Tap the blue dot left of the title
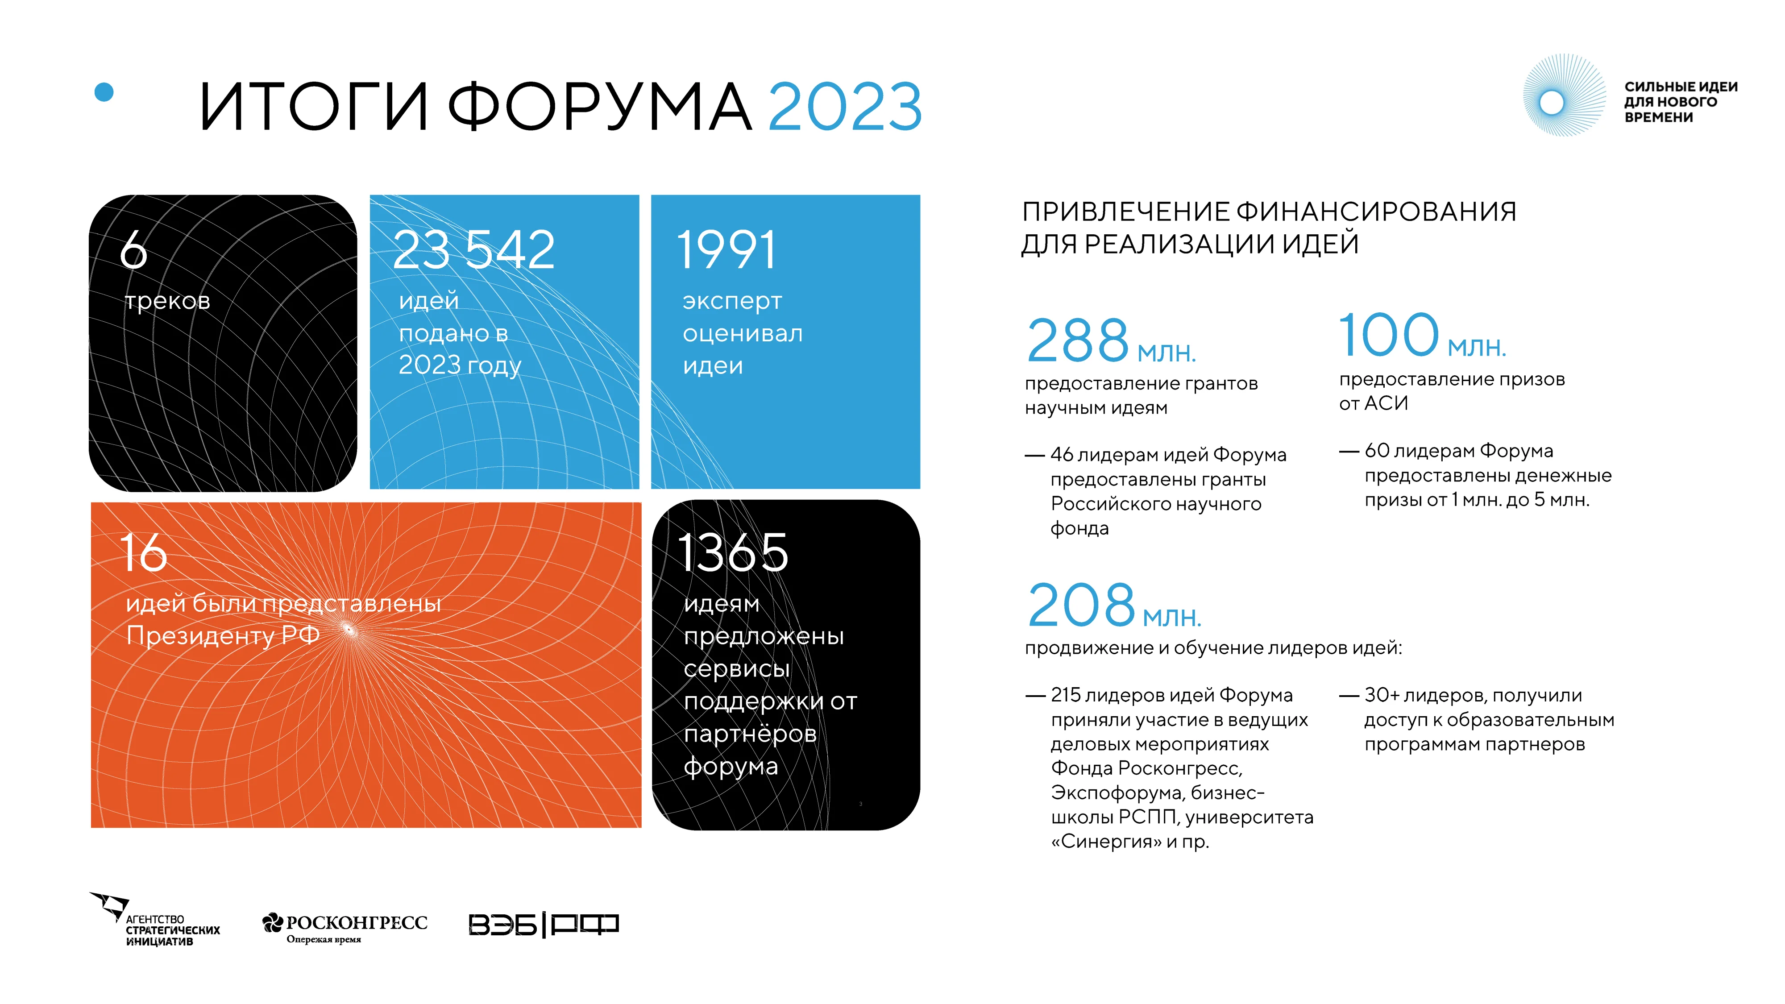coord(104,92)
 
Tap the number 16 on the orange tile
coord(143,553)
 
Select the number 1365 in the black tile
coord(732,553)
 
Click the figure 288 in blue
coord(1078,341)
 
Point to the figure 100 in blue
coord(1389,336)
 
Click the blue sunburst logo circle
coord(1552,103)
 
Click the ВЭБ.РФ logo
coord(543,924)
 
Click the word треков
coord(168,301)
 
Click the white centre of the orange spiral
coord(349,630)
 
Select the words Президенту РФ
coord(222,635)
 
